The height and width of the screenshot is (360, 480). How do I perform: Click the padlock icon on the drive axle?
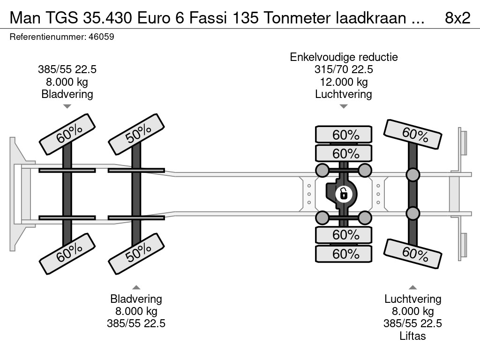click(x=344, y=194)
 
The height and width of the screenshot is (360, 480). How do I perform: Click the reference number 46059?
click(x=101, y=37)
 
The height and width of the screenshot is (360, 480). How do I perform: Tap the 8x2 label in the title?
click(x=457, y=18)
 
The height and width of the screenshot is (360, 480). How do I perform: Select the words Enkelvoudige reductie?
click(x=344, y=57)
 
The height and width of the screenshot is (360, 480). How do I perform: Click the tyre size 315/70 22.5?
click(x=344, y=69)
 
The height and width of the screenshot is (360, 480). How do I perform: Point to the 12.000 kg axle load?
click(x=344, y=82)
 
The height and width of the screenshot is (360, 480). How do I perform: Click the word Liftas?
click(x=412, y=336)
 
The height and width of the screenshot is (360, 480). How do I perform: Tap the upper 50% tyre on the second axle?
click(x=136, y=135)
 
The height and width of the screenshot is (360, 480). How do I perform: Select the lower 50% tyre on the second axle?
click(x=136, y=254)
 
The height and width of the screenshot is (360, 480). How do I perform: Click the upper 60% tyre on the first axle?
click(x=67, y=135)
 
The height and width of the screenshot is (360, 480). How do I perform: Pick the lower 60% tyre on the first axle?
click(x=67, y=254)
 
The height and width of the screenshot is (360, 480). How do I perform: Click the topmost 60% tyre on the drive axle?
click(x=344, y=135)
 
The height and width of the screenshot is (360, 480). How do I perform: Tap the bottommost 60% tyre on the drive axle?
click(x=344, y=254)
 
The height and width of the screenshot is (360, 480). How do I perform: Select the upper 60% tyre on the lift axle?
click(x=412, y=134)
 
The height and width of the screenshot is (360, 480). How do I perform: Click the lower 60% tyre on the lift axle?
click(x=412, y=254)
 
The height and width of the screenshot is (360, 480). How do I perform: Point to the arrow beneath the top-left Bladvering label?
click(x=67, y=106)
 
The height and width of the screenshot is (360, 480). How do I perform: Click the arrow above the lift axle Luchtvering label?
click(x=412, y=287)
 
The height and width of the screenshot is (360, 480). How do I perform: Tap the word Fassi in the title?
click(x=208, y=18)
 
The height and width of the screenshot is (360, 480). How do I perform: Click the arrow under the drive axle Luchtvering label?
click(x=344, y=106)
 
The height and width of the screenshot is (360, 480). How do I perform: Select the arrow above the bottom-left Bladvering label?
click(x=136, y=287)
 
